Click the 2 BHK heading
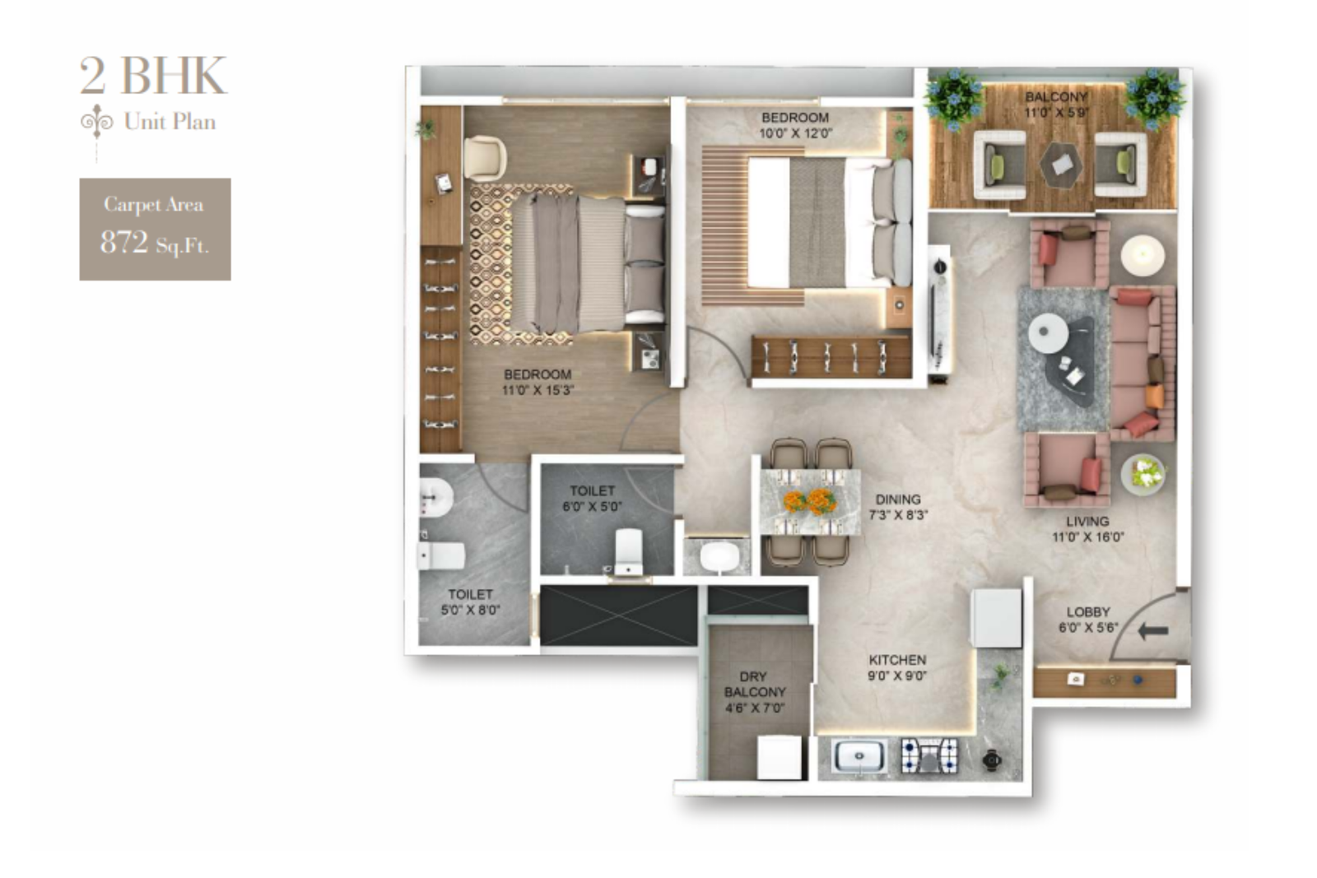pos(153,76)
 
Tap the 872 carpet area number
pos(124,242)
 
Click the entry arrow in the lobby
pos(1152,631)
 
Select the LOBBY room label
pos(1088,612)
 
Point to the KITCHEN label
pos(897,660)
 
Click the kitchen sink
pos(859,755)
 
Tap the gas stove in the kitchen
pos(929,755)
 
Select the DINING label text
pos(898,499)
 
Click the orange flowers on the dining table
pos(807,499)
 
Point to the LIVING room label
pos(1087,522)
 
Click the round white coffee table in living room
pos(1048,334)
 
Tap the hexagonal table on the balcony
pos(1061,165)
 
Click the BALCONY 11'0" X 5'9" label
pos(1056,105)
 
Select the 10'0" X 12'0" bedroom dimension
pos(795,133)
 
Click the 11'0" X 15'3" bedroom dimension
pos(538,390)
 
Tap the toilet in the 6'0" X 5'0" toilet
pos(629,550)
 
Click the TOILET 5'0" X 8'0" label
pos(470,602)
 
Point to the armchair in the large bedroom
pos(485,157)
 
